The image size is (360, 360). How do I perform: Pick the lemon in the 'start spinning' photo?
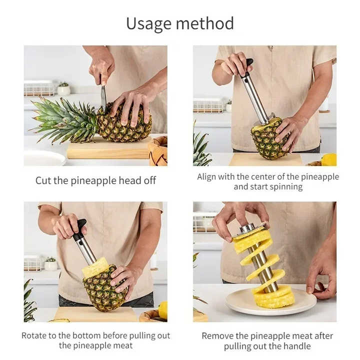(328, 159)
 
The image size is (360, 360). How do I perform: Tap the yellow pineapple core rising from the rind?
(95, 267)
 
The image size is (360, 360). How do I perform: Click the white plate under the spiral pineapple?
(270, 302)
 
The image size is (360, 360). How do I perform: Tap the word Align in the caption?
(207, 176)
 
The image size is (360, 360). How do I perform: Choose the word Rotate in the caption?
(34, 335)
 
